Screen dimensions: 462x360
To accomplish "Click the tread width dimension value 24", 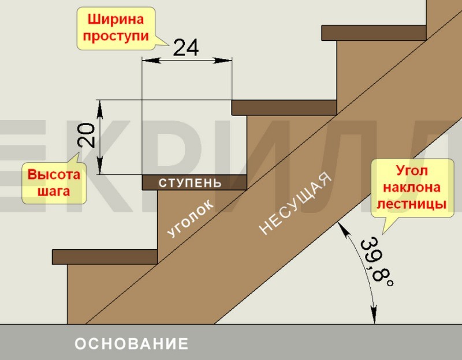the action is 185,47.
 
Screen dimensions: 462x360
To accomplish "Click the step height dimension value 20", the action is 86,135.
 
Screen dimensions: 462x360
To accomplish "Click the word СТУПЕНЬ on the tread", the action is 190,183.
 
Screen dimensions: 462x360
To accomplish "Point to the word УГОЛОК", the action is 191,218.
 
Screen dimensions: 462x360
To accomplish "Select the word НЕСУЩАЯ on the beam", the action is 296,203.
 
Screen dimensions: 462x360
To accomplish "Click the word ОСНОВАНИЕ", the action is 132,343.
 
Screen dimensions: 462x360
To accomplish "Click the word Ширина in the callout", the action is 116,20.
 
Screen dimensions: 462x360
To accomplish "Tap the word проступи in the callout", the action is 116,36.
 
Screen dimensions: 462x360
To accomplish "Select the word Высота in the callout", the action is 54,175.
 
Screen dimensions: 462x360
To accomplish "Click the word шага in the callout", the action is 54,192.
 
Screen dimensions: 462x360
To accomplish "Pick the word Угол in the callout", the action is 412,171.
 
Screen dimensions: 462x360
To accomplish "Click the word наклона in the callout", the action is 412,187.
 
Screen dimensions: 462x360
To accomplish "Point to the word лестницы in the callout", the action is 412,204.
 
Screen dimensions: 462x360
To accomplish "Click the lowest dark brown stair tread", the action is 105,257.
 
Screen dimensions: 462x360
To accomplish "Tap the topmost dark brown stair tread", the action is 374,33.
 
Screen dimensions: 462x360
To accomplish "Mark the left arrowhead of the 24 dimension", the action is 151,61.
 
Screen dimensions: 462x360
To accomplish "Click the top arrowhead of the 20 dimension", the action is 100,109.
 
